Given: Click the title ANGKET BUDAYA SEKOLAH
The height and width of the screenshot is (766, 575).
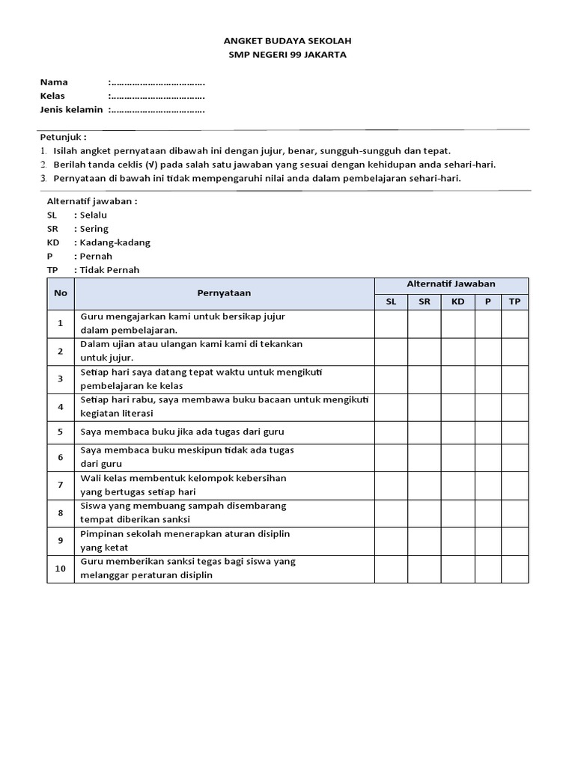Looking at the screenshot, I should tap(287, 40).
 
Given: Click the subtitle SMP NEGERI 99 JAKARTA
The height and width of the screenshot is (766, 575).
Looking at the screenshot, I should tap(287, 55).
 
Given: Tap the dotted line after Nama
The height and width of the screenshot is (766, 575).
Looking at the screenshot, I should tap(157, 82).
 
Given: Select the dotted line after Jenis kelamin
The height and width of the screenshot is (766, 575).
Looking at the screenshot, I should tap(157, 110).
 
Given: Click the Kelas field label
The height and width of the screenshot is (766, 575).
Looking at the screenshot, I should tap(52, 96).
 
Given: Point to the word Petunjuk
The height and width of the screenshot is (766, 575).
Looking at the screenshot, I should tap(62, 137).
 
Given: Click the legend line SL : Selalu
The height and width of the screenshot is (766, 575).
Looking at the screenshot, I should tap(77, 215).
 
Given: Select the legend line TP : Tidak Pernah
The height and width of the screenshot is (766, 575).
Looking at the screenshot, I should tap(93, 270).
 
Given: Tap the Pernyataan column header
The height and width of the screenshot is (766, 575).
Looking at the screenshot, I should tap(224, 292).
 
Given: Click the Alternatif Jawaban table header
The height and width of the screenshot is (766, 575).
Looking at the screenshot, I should tap(451, 284).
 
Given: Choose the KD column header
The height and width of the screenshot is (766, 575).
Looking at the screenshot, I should tap(457, 301).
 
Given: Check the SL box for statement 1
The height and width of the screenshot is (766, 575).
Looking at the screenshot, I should tap(391, 323).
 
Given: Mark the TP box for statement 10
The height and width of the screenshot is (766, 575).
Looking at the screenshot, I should tap(514, 569).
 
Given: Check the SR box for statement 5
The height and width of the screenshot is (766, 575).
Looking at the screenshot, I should tap(424, 432).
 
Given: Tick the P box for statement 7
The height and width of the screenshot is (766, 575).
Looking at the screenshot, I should tap(487, 485).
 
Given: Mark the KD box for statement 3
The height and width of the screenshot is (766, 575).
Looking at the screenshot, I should tap(457, 379).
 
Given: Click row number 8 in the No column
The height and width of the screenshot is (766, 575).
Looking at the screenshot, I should tap(60, 512).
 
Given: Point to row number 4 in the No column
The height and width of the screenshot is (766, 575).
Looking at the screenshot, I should tap(60, 407).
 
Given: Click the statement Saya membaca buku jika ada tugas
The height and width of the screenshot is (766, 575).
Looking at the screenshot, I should tap(182, 432).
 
